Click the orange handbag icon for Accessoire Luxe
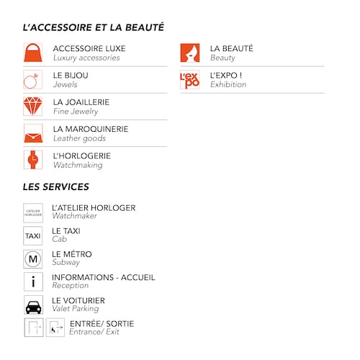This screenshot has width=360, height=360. (x=33, y=53)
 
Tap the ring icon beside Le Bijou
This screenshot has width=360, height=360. (x=33, y=80)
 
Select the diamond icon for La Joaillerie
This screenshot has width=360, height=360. (x=33, y=107)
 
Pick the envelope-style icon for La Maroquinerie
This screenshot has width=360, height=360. (x=33, y=133)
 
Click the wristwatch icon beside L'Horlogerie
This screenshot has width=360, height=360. (x=33, y=160)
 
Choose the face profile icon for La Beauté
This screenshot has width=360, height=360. (x=190, y=53)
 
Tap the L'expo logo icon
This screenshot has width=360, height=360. (x=190, y=80)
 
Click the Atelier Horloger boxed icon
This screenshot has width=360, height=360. (x=33, y=212)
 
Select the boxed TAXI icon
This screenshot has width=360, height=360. (x=33, y=235)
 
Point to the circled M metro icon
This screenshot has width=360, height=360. (x=33, y=258)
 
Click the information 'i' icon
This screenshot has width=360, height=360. (x=33, y=282)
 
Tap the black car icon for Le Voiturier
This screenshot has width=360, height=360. (x=33, y=305)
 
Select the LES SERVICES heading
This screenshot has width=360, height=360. (x=56, y=186)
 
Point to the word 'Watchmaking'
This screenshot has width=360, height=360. (x=78, y=165)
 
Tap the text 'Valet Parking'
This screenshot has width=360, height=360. (x=76, y=309)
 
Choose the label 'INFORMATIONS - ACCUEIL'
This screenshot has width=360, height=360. (x=104, y=277)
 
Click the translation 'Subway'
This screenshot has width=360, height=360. (x=66, y=263)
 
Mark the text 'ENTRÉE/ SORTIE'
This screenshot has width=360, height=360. (x=102, y=323)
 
